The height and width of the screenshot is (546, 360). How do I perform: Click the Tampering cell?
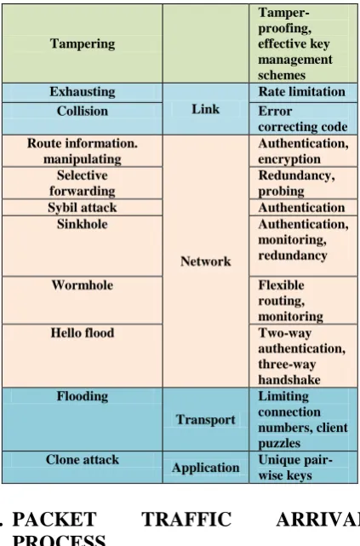[x=83, y=43]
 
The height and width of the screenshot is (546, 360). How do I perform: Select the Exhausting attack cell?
[x=83, y=92]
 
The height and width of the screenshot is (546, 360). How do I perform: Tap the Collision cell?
[x=83, y=118]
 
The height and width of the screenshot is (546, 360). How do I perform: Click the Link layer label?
[x=206, y=109]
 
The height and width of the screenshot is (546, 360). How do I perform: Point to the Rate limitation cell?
[x=303, y=92]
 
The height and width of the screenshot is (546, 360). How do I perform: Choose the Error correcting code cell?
[x=303, y=118]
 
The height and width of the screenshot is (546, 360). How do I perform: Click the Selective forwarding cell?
[x=83, y=183]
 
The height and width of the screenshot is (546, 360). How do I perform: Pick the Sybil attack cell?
[x=83, y=208]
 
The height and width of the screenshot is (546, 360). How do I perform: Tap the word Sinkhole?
[x=83, y=224]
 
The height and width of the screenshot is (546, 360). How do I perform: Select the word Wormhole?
[x=83, y=285]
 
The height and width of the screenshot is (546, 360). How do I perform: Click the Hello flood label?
[x=83, y=333]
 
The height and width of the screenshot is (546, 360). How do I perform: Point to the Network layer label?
[x=206, y=262]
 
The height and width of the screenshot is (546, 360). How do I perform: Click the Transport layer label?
[x=206, y=420]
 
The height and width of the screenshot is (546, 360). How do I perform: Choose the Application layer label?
[x=206, y=468]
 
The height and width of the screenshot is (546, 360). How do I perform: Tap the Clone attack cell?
[x=83, y=467]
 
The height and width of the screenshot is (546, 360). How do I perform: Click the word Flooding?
[x=83, y=396]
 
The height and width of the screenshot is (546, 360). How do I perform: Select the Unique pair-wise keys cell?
[x=303, y=467]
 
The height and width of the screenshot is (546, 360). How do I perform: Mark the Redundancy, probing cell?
[x=303, y=183]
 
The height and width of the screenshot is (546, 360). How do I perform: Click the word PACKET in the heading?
[x=54, y=520]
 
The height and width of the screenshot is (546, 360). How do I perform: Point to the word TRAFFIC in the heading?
[x=186, y=520]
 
